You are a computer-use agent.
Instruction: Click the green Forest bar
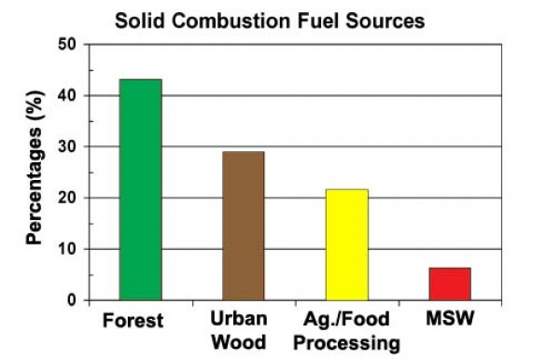(140, 189)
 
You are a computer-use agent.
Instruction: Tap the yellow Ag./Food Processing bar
(346, 244)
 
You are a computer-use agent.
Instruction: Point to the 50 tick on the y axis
(66, 45)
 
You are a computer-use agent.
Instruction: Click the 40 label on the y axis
(66, 96)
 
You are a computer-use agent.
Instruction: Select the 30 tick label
(66, 147)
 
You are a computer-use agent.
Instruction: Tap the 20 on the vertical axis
(66, 199)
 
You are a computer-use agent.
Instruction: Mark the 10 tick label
(66, 250)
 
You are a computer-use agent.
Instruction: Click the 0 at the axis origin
(71, 300)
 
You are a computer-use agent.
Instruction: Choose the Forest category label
(133, 322)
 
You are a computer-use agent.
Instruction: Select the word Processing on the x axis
(346, 343)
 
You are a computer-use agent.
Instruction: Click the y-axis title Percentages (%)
(35, 173)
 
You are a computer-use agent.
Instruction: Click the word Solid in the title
(137, 19)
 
